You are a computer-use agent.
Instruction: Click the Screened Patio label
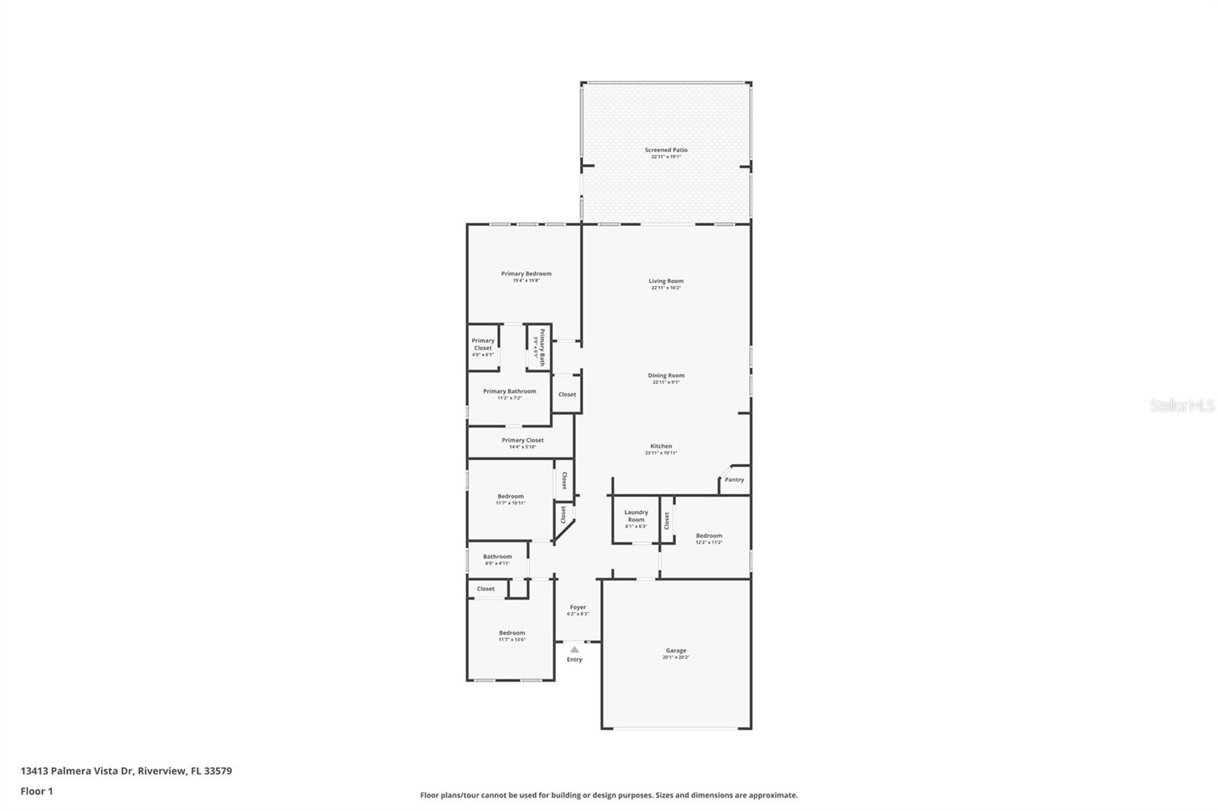coord(666,151)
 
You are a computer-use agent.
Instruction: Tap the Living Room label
coord(666,281)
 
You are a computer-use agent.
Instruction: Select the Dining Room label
coord(666,376)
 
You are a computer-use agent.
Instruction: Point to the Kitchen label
coord(661,447)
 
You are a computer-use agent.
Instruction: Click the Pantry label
coord(735,480)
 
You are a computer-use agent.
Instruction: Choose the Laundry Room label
coord(636,516)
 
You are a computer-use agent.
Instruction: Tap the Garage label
coord(676,650)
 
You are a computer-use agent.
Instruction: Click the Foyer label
coord(578,607)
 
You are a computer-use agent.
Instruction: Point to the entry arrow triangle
coord(574,650)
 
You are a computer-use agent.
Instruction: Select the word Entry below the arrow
coord(574,660)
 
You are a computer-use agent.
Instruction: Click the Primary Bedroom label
coord(526,274)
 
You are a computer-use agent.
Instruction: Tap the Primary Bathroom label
coord(509,392)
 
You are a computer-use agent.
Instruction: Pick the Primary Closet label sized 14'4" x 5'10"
coord(523,440)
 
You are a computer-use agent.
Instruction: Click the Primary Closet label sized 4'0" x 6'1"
coord(483,345)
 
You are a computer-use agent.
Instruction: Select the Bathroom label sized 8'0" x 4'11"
coord(497,557)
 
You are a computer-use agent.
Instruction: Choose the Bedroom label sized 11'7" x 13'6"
coord(512,633)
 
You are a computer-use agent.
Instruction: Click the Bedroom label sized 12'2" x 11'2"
coord(709,536)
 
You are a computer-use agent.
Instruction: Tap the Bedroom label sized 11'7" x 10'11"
coord(510,497)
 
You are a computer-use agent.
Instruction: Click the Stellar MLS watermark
coord(1181,406)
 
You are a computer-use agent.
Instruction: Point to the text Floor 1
coord(37,791)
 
